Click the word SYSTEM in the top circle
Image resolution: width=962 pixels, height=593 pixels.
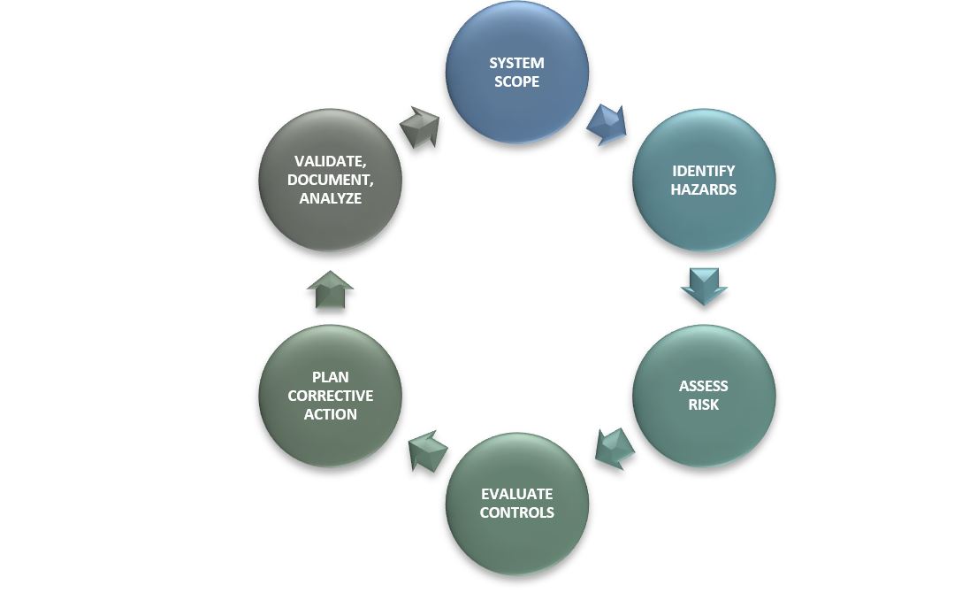coord(516,64)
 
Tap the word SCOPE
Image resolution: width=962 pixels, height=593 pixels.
coord(516,82)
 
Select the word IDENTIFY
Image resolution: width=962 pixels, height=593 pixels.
coord(703,171)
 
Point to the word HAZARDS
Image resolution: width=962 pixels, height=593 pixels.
coord(703,189)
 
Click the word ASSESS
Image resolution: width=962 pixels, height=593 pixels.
coord(704,386)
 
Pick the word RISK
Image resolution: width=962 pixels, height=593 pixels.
coord(704,404)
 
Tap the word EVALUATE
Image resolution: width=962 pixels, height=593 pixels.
coord(517,494)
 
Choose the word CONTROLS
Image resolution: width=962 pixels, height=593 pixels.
coord(517,512)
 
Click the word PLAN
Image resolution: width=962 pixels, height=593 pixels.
coord(330,377)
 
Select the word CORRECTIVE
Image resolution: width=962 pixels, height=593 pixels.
coord(330,396)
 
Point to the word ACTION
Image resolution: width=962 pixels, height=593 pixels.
coord(330,414)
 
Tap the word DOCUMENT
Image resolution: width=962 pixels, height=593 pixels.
coord(330,180)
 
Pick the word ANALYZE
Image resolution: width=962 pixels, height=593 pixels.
coord(330,198)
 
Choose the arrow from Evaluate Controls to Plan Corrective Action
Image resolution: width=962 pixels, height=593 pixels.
coord(427,450)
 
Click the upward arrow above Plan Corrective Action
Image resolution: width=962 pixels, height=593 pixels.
coord(330,289)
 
